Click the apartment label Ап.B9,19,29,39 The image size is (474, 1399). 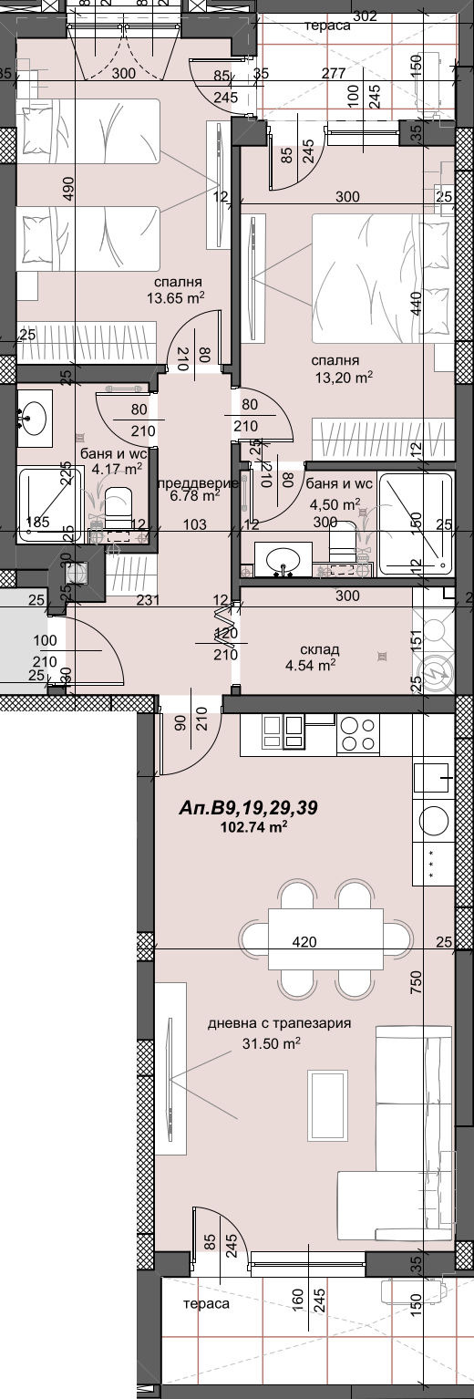pyautogui.click(x=248, y=807)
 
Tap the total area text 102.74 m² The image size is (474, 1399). pyautogui.click(x=254, y=827)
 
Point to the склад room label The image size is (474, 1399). pyautogui.click(x=319, y=649)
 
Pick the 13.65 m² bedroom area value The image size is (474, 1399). pyautogui.click(x=176, y=296)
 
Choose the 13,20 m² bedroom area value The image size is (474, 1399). pyautogui.click(x=343, y=376)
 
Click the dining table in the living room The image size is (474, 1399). pyautogui.click(x=325, y=938)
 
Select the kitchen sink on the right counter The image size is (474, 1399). pyautogui.click(x=433, y=776)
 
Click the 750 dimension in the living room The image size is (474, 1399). pyautogui.click(x=417, y=981)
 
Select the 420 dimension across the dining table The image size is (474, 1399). pyautogui.click(x=305, y=941)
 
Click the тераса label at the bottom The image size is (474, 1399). pyautogui.click(x=206, y=1303)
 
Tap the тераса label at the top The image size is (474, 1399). pyautogui.click(x=329, y=26)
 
